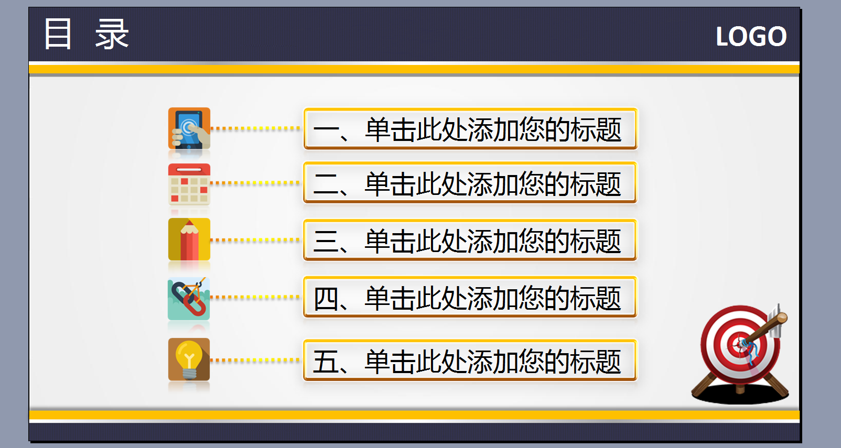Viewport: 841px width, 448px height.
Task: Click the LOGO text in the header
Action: tap(751, 37)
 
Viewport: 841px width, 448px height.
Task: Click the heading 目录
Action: tap(87, 34)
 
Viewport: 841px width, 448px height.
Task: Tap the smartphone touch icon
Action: tap(189, 128)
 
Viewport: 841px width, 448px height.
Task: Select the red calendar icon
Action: tap(189, 184)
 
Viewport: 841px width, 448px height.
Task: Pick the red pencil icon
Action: tap(189, 239)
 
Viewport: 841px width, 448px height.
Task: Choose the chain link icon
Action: tap(189, 299)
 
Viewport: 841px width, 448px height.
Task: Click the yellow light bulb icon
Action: tap(189, 359)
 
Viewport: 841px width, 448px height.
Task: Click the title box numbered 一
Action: tap(470, 129)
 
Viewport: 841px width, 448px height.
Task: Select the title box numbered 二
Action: tap(470, 183)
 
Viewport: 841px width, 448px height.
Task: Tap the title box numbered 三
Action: tap(470, 240)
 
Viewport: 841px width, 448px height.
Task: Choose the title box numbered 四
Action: tap(470, 297)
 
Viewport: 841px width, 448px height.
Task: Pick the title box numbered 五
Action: tap(470, 360)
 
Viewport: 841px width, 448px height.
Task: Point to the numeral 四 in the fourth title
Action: tap(326, 299)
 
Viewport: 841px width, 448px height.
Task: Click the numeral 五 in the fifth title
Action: tap(326, 362)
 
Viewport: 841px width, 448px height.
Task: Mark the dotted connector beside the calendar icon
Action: tap(255, 183)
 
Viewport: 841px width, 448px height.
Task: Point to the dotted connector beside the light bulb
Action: tap(255, 360)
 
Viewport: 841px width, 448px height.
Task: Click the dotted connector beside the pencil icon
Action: tap(255, 240)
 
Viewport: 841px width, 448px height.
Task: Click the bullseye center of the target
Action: tap(741, 344)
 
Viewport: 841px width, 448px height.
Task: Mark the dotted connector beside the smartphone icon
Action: tap(255, 128)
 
